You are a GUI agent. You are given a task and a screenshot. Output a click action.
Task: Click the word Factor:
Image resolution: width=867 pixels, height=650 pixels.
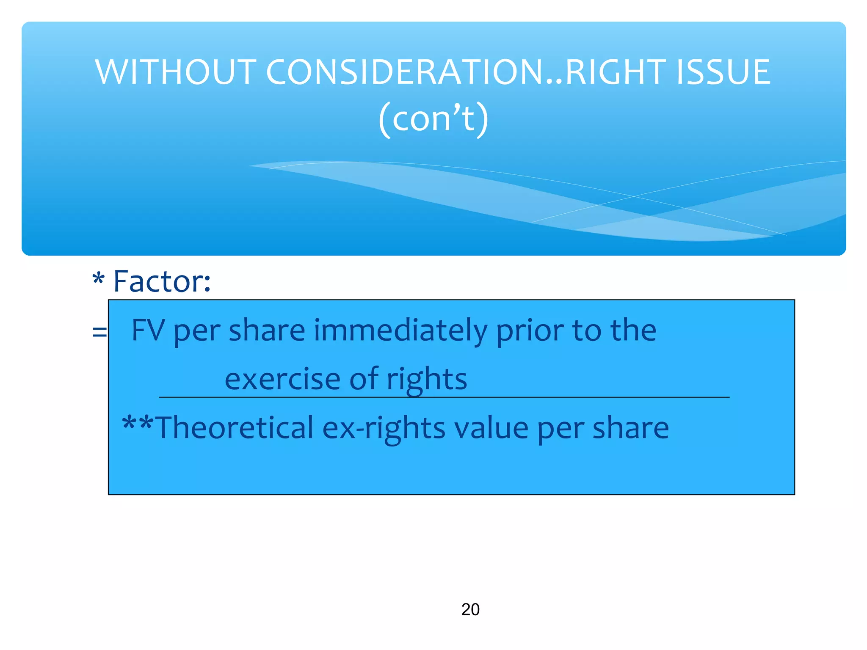coord(162,281)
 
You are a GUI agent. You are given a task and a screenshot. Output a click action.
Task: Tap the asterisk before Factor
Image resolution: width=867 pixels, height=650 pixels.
coord(98,279)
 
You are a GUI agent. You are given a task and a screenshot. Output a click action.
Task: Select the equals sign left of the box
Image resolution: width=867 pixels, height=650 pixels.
coord(99,332)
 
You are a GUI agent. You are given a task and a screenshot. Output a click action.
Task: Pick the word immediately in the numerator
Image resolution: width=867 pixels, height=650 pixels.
coord(400,331)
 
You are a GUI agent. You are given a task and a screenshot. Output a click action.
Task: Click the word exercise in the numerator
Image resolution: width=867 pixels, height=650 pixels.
coord(282,379)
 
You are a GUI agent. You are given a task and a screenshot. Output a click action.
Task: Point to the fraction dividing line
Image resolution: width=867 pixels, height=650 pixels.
coord(444,397)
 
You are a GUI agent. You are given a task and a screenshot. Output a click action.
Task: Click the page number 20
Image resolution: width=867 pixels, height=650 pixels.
coord(470,609)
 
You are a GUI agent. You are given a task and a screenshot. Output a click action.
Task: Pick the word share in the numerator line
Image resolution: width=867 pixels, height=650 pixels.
coord(267,331)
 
